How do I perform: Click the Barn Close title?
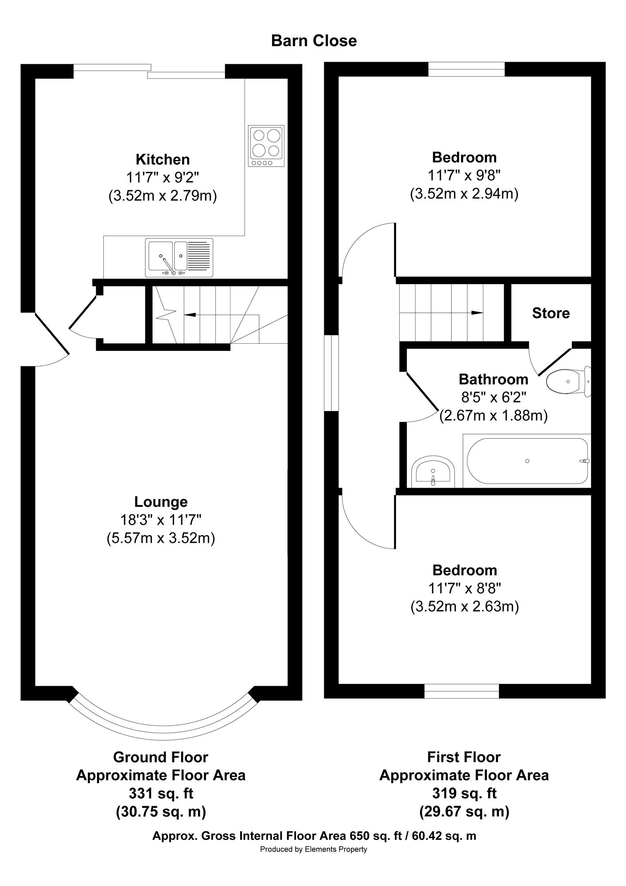314,41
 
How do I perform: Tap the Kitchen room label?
163,159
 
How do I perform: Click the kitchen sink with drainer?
179,257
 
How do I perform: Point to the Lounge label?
161,502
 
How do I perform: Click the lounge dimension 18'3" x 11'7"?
161,520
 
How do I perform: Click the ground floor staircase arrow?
220,315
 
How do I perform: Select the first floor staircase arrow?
441,313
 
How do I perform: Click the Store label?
551,313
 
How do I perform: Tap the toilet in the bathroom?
568,381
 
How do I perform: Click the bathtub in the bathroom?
527,461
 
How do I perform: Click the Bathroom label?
493,379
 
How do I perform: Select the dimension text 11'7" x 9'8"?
464,175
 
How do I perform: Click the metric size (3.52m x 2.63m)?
464,606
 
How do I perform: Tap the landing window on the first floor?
331,373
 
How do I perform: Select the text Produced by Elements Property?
314,849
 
